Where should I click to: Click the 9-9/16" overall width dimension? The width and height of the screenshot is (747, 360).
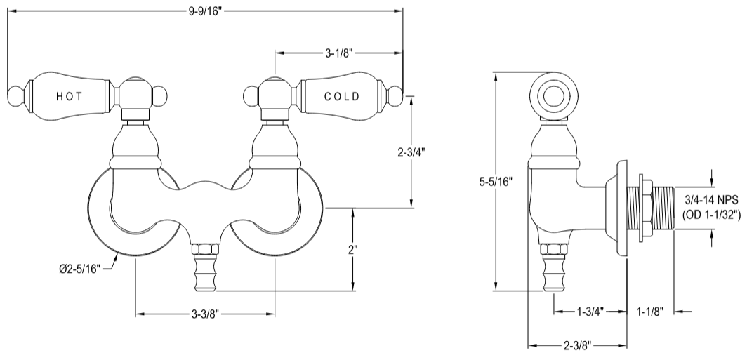(205, 11)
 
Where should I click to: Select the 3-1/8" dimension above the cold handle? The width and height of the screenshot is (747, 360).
(338, 53)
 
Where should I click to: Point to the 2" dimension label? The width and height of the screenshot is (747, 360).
(352, 250)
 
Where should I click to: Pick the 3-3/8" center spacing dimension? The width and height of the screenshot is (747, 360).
(204, 313)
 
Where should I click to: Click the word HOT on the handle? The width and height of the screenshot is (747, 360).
(71, 96)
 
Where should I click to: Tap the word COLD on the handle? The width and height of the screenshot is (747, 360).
(342, 96)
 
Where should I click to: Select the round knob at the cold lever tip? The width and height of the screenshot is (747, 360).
(396, 96)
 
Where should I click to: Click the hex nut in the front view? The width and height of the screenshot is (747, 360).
(204, 251)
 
